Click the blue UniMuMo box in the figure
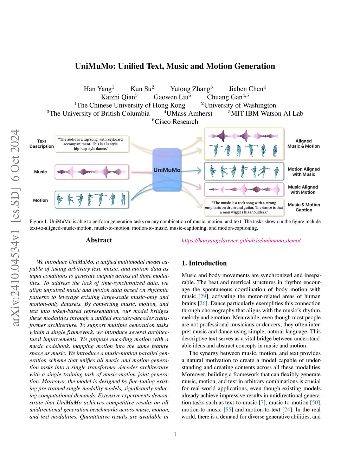pyautogui.click(x=167, y=170)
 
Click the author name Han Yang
pyautogui.click(x=98, y=89)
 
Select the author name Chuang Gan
pyautogui.click(x=225, y=97)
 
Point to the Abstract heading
pyautogui.click(x=99, y=240)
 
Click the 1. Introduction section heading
pyautogui.click(x=204, y=263)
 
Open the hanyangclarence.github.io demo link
pyautogui.click(x=241, y=241)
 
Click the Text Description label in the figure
pyautogui.click(x=41, y=143)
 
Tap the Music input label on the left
pyautogui.click(x=40, y=172)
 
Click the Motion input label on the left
pyautogui.click(x=40, y=200)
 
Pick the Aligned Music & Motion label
pyautogui.click(x=303, y=143)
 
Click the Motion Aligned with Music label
pyautogui.click(x=304, y=172)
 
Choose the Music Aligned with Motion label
pyautogui.click(x=303, y=190)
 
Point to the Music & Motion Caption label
pyautogui.click(x=304, y=207)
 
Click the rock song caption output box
pyautogui.click(x=244, y=208)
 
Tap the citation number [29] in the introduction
pyautogui.click(x=203, y=296)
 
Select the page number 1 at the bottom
pyautogui.click(x=175, y=434)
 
